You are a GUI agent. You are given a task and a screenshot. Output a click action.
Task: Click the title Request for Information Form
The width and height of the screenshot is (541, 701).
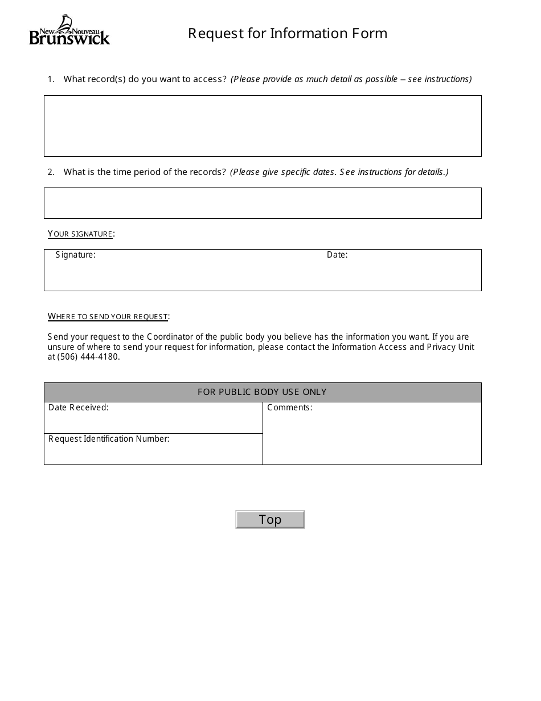[x=288, y=34]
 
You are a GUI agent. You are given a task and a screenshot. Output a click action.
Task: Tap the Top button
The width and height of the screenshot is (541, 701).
[x=270, y=519]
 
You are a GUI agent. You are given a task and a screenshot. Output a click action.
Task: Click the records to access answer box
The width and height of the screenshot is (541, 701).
[x=263, y=126]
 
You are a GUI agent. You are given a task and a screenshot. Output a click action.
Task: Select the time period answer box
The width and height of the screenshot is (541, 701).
[x=263, y=203]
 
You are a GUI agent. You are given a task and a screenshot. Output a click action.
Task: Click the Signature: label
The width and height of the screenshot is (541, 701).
[x=76, y=255]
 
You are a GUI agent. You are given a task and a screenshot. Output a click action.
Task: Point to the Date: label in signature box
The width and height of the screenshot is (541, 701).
[x=337, y=255]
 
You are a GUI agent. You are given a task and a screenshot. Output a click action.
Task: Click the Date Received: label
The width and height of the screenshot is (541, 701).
[x=79, y=407]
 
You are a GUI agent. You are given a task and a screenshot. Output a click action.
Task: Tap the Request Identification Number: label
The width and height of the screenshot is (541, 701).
[x=109, y=439]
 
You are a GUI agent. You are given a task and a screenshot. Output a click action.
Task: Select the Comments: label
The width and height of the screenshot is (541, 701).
[x=289, y=407]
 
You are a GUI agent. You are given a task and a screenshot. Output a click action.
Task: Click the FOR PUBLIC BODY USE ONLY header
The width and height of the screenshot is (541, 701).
[x=263, y=392]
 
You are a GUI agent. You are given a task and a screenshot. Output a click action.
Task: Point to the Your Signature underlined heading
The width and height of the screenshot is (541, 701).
[x=81, y=234]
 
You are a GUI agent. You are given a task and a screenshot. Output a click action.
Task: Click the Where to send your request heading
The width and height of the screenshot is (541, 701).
[x=108, y=316]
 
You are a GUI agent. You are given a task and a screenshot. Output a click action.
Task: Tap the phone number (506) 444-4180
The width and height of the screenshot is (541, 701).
[x=88, y=357]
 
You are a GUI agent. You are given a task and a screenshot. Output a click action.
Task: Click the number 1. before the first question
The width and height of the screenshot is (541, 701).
[x=51, y=79]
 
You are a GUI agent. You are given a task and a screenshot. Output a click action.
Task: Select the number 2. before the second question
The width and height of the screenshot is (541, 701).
[x=51, y=172]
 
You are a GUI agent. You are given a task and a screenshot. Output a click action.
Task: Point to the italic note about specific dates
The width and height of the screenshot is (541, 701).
[x=339, y=172]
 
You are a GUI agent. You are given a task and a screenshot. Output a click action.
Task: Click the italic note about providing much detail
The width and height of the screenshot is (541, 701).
[x=351, y=79]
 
